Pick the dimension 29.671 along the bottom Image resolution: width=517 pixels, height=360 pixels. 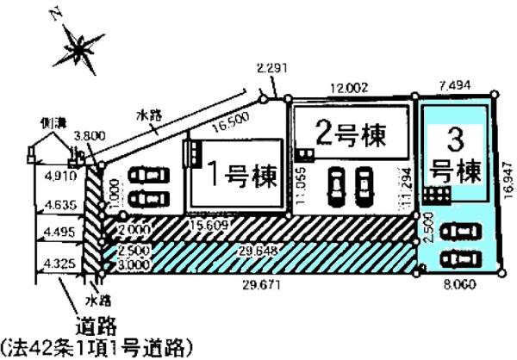click(256, 283)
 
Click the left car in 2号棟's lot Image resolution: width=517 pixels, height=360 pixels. click(335, 183)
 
